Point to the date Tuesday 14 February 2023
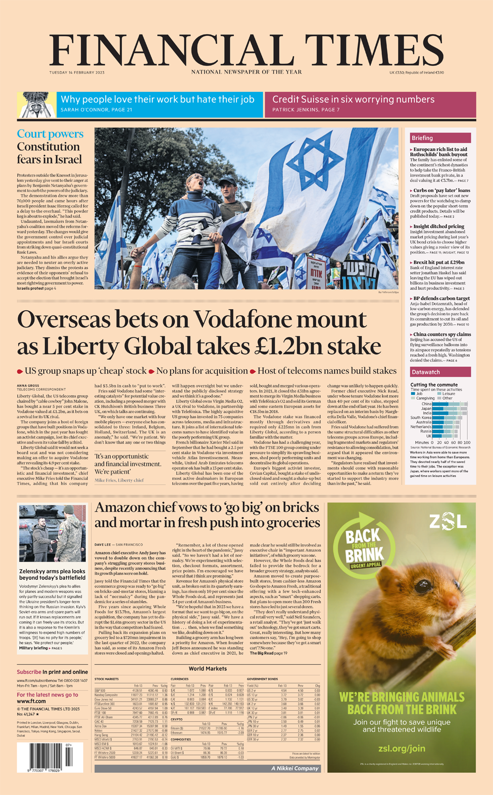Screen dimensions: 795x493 (77, 73)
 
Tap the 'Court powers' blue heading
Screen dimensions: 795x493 (50, 134)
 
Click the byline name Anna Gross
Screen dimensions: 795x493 (28, 385)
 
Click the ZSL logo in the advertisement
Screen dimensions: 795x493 (448, 522)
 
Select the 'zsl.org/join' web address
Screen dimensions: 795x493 (402, 748)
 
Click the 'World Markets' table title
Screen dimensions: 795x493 (208, 668)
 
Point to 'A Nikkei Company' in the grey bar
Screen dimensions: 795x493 (294, 768)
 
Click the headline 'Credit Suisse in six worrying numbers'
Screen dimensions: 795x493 (353, 99)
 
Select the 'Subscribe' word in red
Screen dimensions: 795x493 (29, 672)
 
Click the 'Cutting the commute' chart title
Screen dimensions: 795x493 (434, 385)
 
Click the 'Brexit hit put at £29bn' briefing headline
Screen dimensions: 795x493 (438, 263)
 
